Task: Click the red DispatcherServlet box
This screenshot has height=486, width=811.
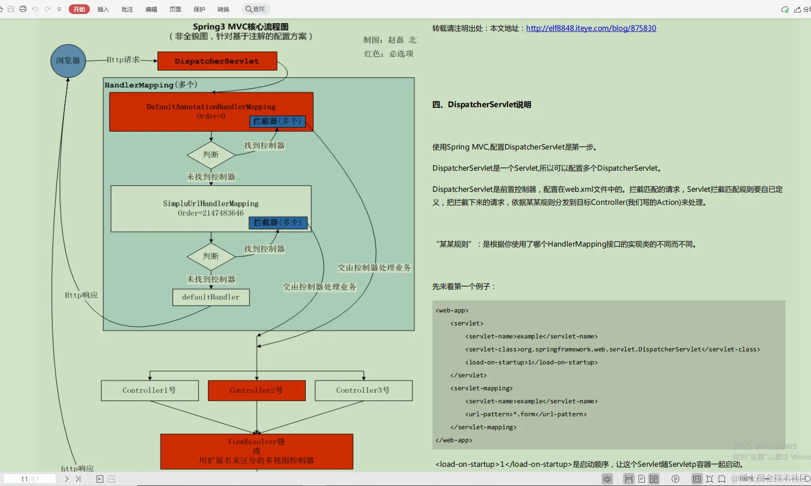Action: [217, 61]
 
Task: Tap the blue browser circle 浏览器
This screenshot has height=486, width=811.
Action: [68, 61]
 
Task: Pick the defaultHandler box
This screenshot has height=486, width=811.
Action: [211, 297]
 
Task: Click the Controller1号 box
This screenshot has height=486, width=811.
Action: [149, 390]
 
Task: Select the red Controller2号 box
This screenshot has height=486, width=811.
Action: [257, 390]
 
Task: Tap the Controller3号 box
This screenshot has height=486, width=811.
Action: [363, 390]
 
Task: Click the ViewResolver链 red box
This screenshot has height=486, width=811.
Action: [257, 451]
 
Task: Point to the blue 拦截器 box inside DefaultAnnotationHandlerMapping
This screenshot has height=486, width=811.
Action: [277, 121]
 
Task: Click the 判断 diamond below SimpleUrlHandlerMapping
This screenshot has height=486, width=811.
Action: [211, 256]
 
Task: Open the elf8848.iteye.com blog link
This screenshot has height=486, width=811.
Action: [591, 28]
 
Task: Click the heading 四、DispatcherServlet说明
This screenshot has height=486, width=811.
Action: [482, 104]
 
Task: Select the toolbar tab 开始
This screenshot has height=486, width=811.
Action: [79, 9]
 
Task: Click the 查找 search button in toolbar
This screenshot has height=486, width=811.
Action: [256, 9]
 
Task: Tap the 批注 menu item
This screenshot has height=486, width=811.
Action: [127, 9]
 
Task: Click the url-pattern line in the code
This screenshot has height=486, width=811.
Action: [526, 414]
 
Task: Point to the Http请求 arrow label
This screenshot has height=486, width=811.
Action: [123, 60]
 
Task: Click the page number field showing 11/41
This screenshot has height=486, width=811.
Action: [29, 479]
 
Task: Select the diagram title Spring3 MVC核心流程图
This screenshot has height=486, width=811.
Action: [241, 27]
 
